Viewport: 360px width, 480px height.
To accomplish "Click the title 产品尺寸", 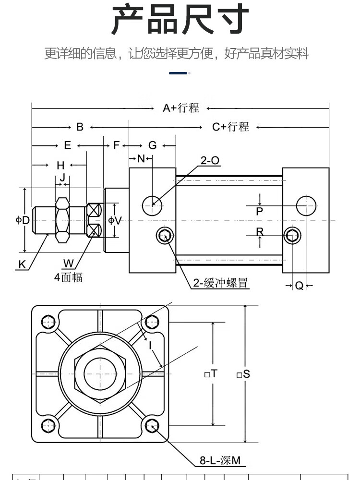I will pos(180,20).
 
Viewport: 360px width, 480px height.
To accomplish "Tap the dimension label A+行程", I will pos(180,108).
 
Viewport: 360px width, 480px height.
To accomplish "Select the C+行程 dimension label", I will pos(231,127).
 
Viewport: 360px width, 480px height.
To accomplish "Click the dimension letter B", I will pos(80,127).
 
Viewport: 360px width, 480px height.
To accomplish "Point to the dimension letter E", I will pos(68,145).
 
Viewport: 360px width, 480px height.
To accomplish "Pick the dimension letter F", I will pos(116,145).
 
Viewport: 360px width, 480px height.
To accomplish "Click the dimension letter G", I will pos(152,145).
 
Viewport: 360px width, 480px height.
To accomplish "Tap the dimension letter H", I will pos(60,166).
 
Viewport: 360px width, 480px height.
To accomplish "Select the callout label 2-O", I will pos(210,161).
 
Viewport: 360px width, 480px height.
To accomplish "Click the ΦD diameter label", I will pos(23,220).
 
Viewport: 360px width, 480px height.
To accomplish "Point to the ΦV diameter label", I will pos(115,220).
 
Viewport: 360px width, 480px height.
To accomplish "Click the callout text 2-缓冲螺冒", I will pos(220,283).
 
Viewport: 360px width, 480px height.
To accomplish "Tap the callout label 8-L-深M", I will pos(220,461).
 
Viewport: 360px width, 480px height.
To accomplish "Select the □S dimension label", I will pos(243,374).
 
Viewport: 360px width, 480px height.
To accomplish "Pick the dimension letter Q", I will pos(299,286).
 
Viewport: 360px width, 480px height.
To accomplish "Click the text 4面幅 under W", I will pos(68,277).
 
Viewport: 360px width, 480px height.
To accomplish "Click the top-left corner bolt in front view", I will pos(48,322).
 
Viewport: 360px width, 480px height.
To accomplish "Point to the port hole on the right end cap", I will pos(306,206).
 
